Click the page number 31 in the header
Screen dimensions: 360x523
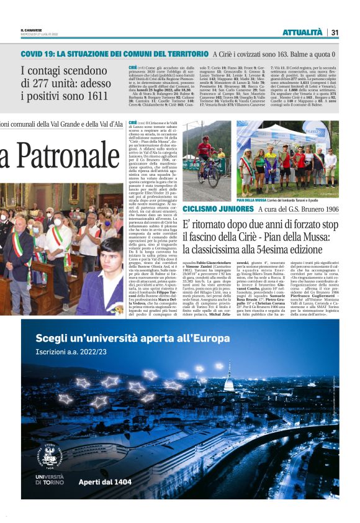[335, 32]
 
